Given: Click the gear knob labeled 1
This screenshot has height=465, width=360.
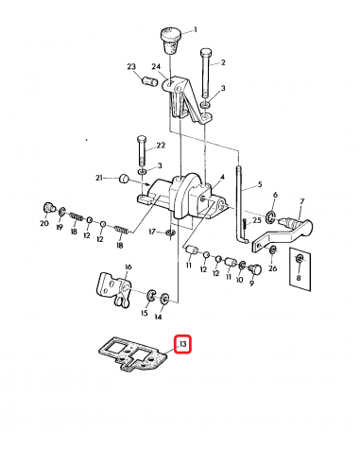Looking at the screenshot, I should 171,39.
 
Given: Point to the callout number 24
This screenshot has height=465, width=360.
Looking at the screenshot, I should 155,66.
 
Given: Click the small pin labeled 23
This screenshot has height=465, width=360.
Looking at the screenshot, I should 147,85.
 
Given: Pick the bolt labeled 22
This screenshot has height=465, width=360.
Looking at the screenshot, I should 141,151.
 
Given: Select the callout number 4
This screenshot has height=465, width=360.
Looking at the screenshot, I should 222,175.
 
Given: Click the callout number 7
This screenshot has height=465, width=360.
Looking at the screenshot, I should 301,201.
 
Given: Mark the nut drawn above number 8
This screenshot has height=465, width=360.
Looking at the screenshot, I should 300,259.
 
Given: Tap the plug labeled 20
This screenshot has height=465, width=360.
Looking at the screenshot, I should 45,207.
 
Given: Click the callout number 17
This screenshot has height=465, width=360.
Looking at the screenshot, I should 151,231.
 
